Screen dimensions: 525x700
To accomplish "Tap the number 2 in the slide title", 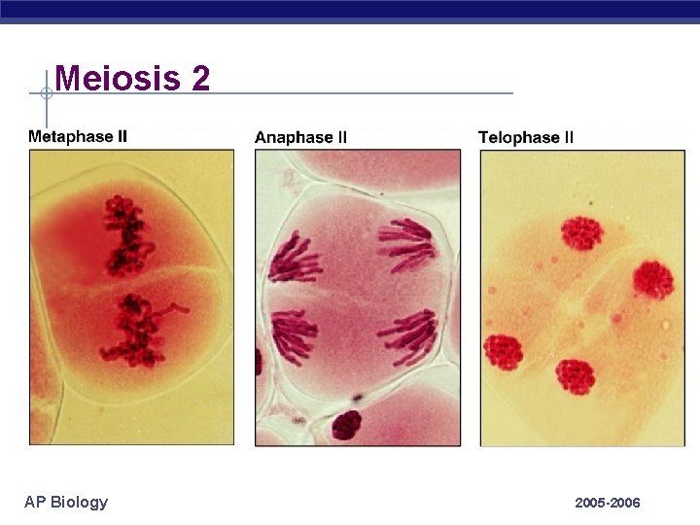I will [200, 78].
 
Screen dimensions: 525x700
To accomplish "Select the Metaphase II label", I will [78, 137].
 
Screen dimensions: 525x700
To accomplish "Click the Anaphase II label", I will [300, 138].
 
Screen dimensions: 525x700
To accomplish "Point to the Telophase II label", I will [526, 138].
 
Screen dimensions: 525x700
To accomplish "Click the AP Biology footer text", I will [66, 502].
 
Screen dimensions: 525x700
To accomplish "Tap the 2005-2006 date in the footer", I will [608, 503].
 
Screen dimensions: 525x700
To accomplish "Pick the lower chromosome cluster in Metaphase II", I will [136, 331].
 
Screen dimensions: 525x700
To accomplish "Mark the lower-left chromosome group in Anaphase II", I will [294, 335].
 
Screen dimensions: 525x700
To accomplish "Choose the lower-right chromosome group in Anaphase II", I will [408, 335].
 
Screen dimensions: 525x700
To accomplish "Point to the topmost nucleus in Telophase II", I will [581, 233].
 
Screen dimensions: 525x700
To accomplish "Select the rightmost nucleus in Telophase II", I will [653, 279].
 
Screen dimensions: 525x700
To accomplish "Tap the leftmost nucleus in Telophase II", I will [504, 352].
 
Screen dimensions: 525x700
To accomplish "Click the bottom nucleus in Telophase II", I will [575, 376].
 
